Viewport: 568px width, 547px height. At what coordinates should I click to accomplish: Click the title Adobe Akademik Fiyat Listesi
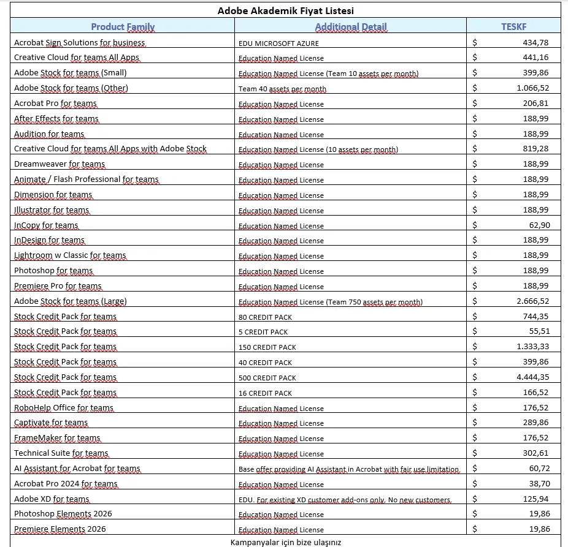[285, 10]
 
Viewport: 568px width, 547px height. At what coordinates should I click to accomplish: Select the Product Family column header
[123, 26]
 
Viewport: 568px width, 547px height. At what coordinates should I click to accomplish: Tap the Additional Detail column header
[350, 26]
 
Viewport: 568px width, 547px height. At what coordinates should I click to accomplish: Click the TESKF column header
[513, 26]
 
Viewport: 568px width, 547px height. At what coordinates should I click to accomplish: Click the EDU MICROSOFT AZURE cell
[278, 43]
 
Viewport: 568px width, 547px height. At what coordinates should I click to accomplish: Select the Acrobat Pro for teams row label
[55, 104]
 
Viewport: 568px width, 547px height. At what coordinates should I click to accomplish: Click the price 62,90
[539, 225]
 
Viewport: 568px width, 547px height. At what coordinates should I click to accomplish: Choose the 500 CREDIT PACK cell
[267, 378]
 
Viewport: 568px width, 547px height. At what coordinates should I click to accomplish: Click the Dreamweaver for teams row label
[59, 164]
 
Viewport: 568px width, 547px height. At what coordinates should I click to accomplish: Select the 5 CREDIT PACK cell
[263, 332]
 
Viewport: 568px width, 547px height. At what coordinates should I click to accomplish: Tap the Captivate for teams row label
[51, 423]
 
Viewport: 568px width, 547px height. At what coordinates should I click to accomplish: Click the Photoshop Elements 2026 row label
[63, 513]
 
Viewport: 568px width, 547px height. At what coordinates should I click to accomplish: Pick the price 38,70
[539, 483]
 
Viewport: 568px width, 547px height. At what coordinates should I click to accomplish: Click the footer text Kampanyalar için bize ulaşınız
[285, 542]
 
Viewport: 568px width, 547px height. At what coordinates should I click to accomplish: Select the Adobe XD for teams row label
[52, 499]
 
